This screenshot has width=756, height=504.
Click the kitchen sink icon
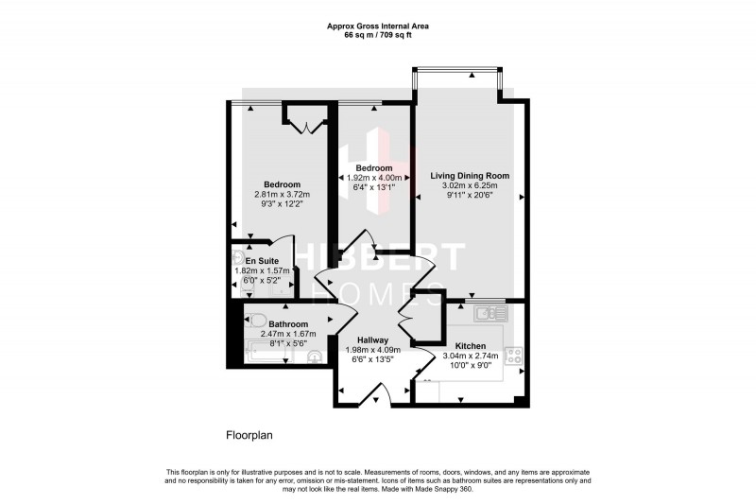tap(491, 311)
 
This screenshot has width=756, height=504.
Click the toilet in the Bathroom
tap(256, 319)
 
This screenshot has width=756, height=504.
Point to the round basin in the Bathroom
tap(315, 356)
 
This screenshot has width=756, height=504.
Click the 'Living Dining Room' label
tap(470, 176)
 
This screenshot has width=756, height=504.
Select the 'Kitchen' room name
tap(470, 346)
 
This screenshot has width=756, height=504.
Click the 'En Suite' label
tap(262, 261)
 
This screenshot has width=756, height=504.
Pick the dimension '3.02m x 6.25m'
tap(470, 186)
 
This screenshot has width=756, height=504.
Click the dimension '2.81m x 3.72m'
tap(282, 195)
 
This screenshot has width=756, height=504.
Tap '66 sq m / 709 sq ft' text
tap(377, 34)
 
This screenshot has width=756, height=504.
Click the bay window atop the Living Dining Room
tap(456, 70)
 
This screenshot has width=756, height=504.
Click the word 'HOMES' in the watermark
tap(377, 290)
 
